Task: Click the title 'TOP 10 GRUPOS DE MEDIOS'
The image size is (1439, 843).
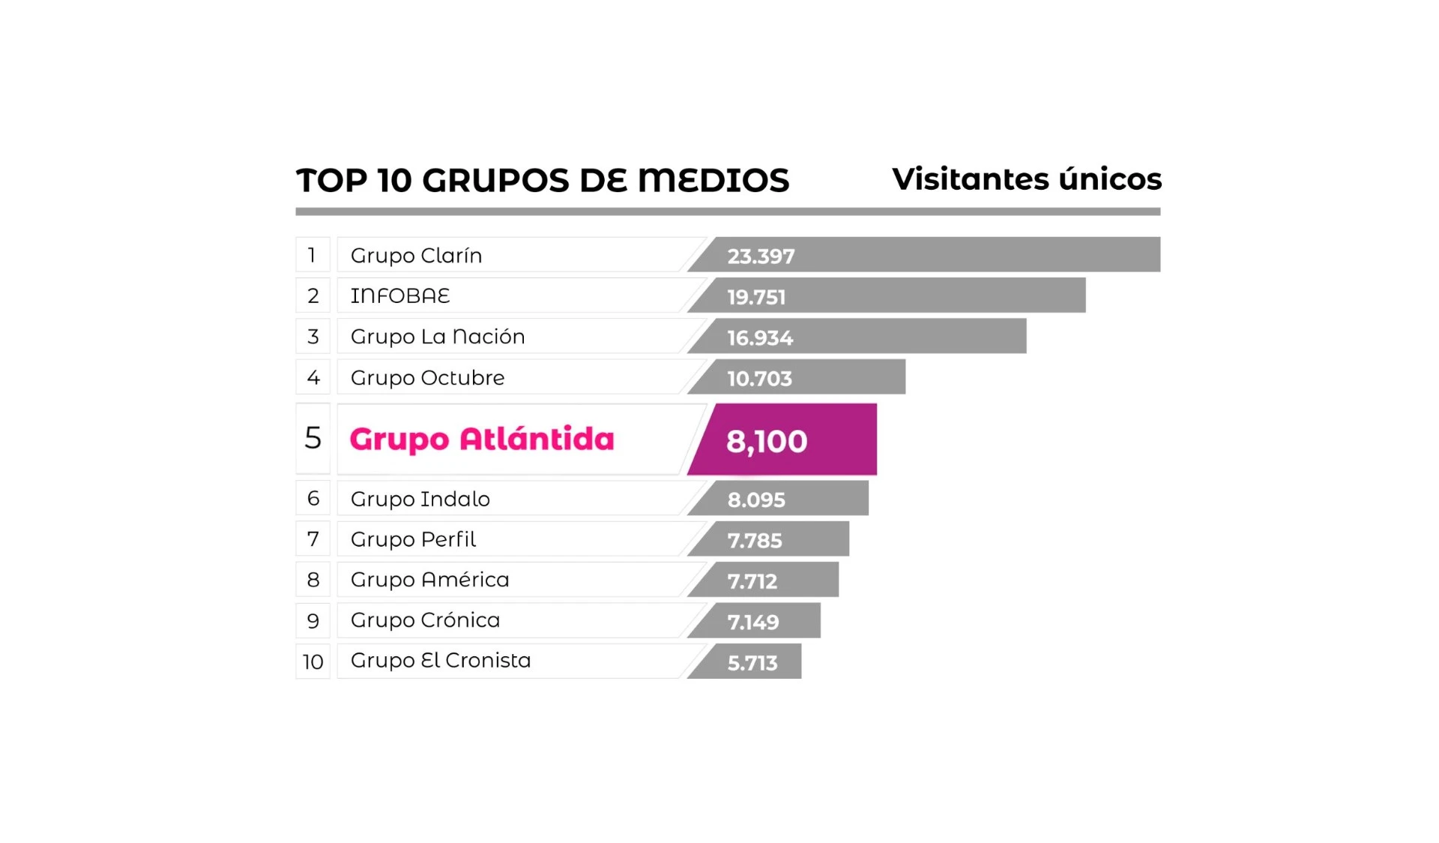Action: pyautogui.click(x=543, y=181)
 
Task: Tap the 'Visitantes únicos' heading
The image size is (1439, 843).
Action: pyautogui.click(x=1026, y=179)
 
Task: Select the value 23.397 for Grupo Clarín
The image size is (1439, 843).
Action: pyautogui.click(x=761, y=256)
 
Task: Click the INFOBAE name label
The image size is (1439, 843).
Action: pyautogui.click(x=400, y=296)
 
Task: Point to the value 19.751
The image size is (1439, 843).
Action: pyautogui.click(x=756, y=297)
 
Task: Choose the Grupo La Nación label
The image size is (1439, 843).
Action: pyautogui.click(x=438, y=337)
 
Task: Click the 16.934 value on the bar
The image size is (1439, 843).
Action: pyautogui.click(x=760, y=337)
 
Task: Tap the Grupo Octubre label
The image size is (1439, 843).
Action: pyautogui.click(x=427, y=377)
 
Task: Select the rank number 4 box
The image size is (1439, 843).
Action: pyautogui.click(x=313, y=377)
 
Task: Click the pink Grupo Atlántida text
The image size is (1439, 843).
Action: pyautogui.click(x=482, y=439)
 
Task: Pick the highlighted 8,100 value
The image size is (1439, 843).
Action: pyautogui.click(x=767, y=441)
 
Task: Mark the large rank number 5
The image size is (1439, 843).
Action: pyautogui.click(x=313, y=439)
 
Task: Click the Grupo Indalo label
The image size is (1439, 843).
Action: pyautogui.click(x=420, y=499)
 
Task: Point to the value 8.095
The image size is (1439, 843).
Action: pyautogui.click(x=756, y=499)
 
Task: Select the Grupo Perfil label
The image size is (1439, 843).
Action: pyautogui.click(x=413, y=539)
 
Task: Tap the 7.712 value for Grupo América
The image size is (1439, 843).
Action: pyautogui.click(x=752, y=581)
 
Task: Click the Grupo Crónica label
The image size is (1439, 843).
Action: pyautogui.click(x=425, y=620)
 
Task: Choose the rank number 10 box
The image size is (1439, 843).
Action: pyautogui.click(x=313, y=661)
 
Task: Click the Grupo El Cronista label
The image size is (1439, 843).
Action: pyautogui.click(x=441, y=661)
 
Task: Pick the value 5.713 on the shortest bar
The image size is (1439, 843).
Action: pyautogui.click(x=752, y=663)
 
